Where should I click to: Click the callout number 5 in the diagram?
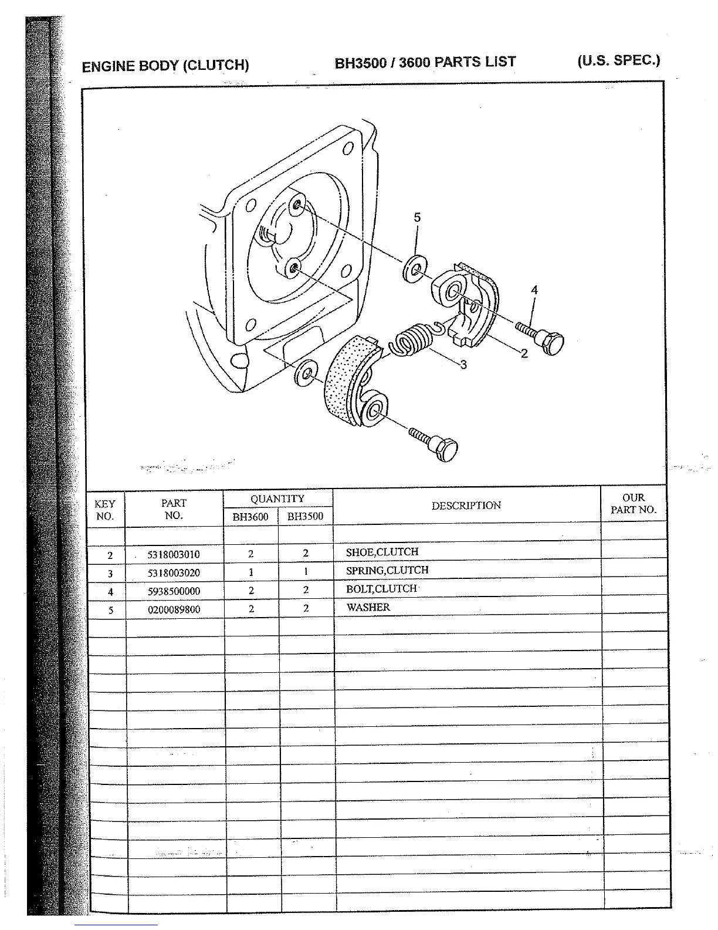[x=417, y=218]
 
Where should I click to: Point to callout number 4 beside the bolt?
[x=534, y=289]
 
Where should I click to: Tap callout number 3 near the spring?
[x=463, y=365]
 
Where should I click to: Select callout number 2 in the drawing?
[x=524, y=353]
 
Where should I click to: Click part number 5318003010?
[x=174, y=554]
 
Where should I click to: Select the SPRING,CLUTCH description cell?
[x=387, y=570]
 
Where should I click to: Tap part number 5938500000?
[x=174, y=591]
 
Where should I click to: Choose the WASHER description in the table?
[x=368, y=607]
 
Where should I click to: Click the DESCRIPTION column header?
[x=466, y=506]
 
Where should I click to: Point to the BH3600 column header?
[x=250, y=517]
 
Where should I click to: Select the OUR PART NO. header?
[x=634, y=504]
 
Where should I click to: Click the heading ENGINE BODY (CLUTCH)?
[x=165, y=66]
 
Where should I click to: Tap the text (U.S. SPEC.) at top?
[x=619, y=60]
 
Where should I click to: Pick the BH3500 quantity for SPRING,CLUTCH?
[x=306, y=571]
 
